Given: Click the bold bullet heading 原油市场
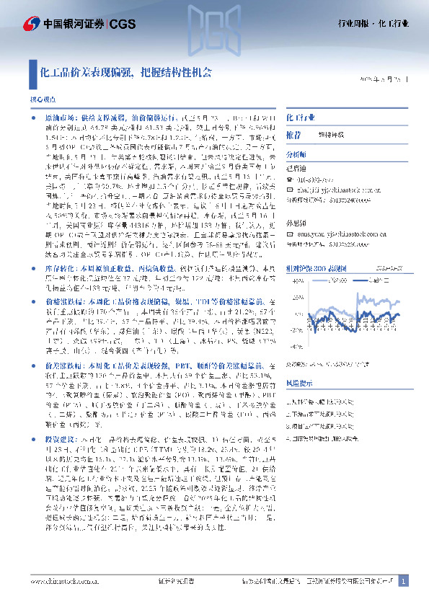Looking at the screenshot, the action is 60,116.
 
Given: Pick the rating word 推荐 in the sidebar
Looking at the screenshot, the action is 293,135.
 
